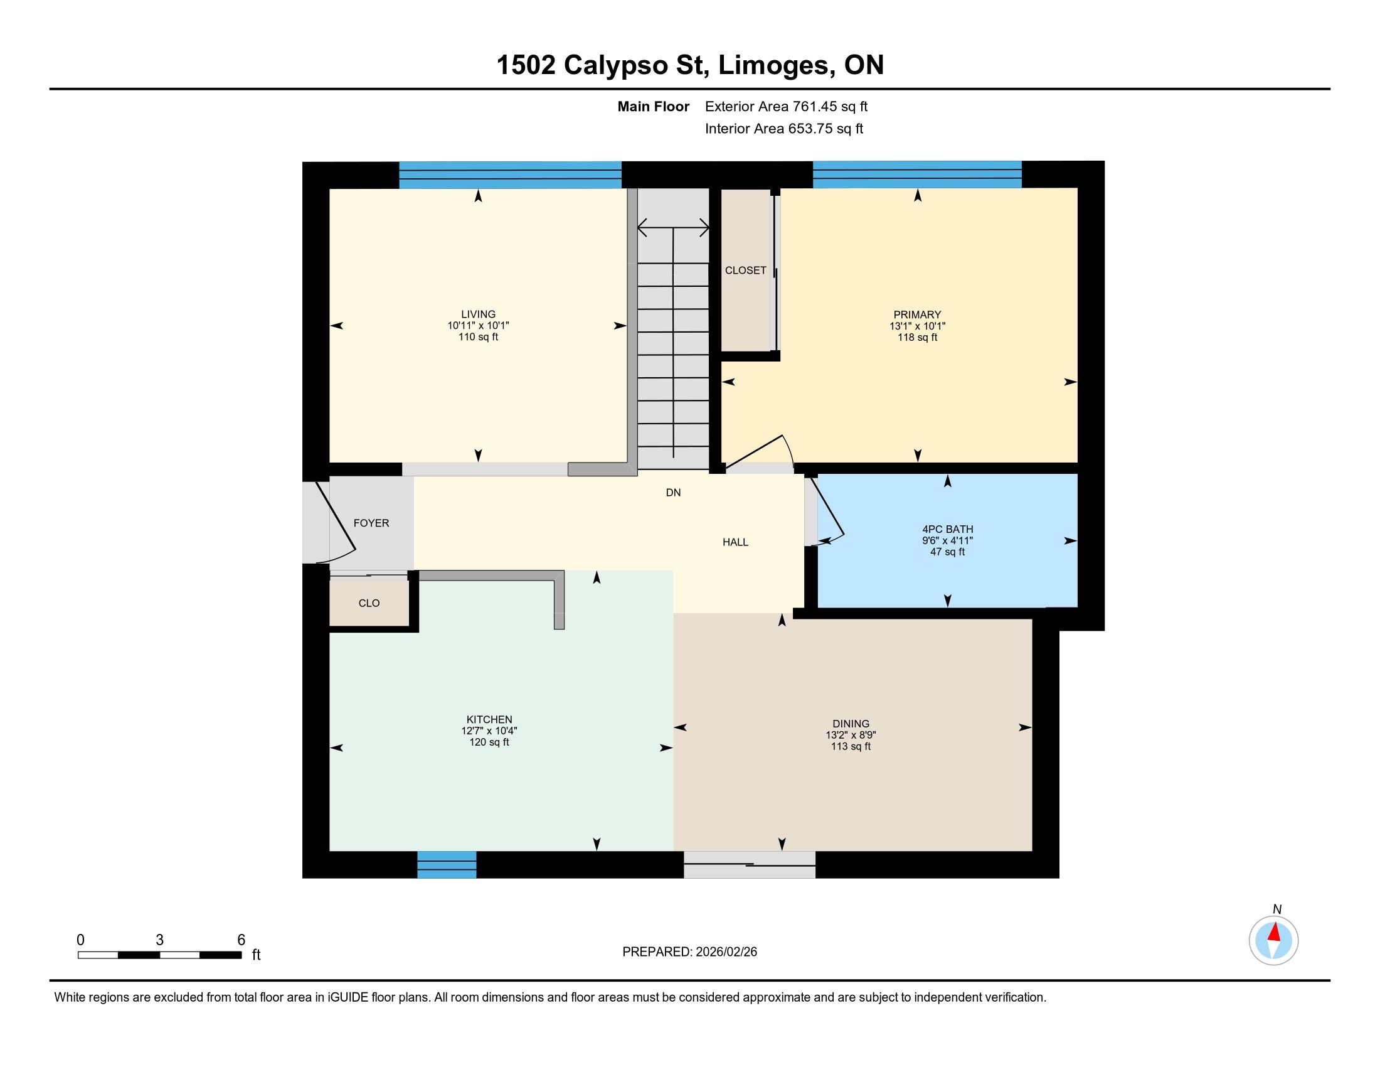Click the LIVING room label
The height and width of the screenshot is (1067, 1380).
click(x=479, y=314)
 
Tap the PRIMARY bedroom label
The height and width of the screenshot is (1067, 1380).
click(x=917, y=315)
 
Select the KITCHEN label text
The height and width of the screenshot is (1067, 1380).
click(x=489, y=719)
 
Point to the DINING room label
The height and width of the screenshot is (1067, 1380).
click(x=851, y=724)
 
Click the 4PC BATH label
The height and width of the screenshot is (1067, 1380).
click(x=947, y=529)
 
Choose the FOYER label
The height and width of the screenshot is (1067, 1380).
click(x=371, y=523)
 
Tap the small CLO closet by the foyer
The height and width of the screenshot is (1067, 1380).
click(x=369, y=603)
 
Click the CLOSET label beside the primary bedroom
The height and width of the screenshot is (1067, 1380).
click(x=746, y=270)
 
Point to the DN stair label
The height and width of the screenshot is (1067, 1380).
click(x=673, y=493)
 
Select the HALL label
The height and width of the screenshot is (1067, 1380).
click(x=736, y=542)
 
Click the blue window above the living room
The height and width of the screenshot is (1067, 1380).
click(x=510, y=175)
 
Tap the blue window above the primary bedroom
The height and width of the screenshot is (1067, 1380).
click(x=917, y=174)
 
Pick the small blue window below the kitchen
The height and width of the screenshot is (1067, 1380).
click(x=447, y=865)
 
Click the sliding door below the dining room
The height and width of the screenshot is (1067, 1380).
click(x=750, y=865)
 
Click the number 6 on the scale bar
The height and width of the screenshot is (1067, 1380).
click(x=241, y=940)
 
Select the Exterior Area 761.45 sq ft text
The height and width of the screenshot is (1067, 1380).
click(x=786, y=106)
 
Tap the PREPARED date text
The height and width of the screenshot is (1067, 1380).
click(x=689, y=952)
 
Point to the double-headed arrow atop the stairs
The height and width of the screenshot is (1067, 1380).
click(x=673, y=228)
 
